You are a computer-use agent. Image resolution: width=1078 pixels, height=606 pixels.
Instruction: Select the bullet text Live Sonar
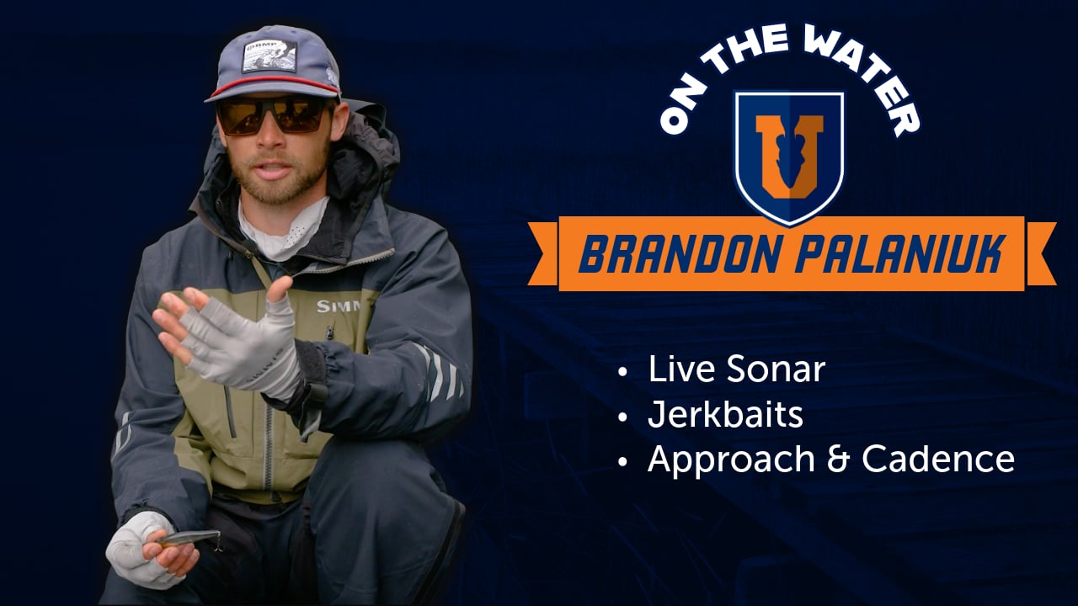(736, 370)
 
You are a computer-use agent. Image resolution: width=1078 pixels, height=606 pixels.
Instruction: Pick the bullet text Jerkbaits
(725, 415)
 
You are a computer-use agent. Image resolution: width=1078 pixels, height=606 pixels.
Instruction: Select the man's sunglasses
(274, 115)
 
